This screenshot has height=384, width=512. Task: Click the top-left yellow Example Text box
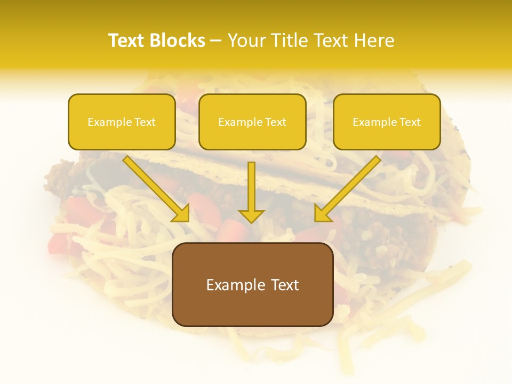[x=122, y=122]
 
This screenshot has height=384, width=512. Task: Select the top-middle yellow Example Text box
[x=252, y=122]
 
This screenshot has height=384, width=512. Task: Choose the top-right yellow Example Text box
[x=387, y=122]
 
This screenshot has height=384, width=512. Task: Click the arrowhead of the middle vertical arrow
[x=251, y=215]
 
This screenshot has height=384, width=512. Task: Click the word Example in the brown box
[x=236, y=285]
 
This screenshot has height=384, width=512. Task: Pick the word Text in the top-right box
[x=410, y=122]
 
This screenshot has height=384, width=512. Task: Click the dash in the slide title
[x=216, y=41]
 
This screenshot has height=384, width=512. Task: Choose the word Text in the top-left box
[x=145, y=122]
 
